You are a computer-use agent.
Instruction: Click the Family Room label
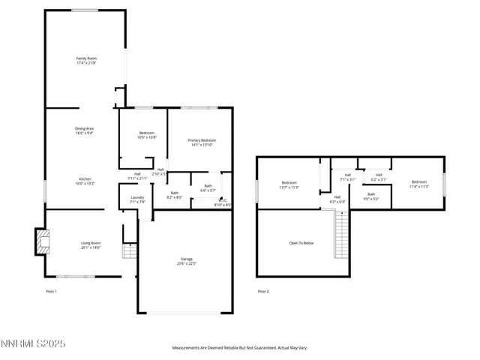pos(86,61)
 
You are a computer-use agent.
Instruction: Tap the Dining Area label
pos(84,131)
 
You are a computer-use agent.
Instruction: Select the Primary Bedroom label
pos(202,142)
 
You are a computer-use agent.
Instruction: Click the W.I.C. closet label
pos(223,202)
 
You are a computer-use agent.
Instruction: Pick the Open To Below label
pos(301,243)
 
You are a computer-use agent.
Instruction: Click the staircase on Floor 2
pos(341,234)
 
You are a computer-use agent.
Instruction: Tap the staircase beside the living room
pos(129,250)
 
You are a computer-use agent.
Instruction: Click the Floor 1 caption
pos(51,291)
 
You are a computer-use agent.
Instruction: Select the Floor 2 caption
pos(262,291)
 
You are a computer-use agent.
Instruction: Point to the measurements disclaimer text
pos(239,348)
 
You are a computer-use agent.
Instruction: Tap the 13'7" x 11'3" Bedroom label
pos(289,184)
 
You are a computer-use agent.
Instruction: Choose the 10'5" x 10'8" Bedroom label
pos(145,136)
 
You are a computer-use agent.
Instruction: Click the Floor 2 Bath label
pos(371,196)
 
